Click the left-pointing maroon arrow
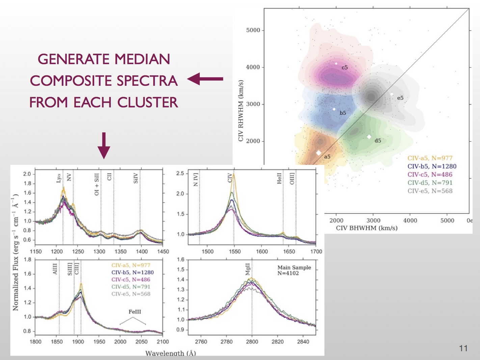coord(205,79)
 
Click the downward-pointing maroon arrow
coord(104,146)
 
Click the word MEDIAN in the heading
coord(142,59)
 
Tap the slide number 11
coord(463,349)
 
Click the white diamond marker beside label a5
coord(318,153)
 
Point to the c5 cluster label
coord(344,68)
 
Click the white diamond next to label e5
coord(392,94)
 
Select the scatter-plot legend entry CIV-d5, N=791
coord(430,183)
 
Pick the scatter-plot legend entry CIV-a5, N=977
coord(430,158)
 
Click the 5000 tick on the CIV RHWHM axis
coord(253,30)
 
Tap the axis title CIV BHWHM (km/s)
coord(367,228)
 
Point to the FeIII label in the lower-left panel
coord(134,312)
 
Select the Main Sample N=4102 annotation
coord(294,270)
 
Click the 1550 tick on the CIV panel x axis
coord(235,251)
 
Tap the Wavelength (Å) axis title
coord(170,353)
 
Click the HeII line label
coord(279,178)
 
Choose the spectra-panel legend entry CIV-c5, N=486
coord(131,280)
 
